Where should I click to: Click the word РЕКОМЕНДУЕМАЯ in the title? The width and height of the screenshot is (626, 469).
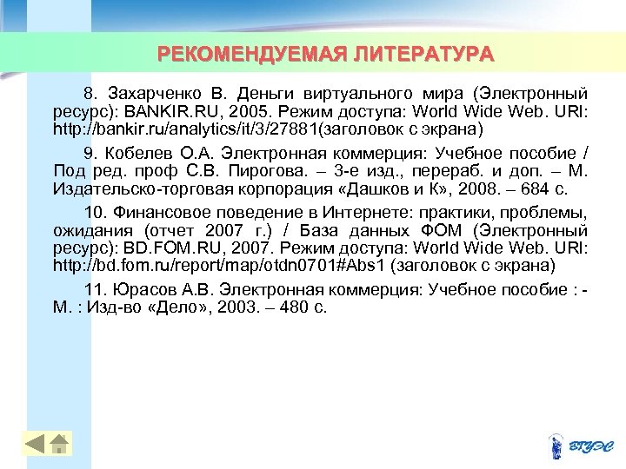tap(253, 55)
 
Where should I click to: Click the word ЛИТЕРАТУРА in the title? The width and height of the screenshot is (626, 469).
tap(423, 55)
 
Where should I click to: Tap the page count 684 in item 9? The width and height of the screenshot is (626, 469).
tap(540, 187)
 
